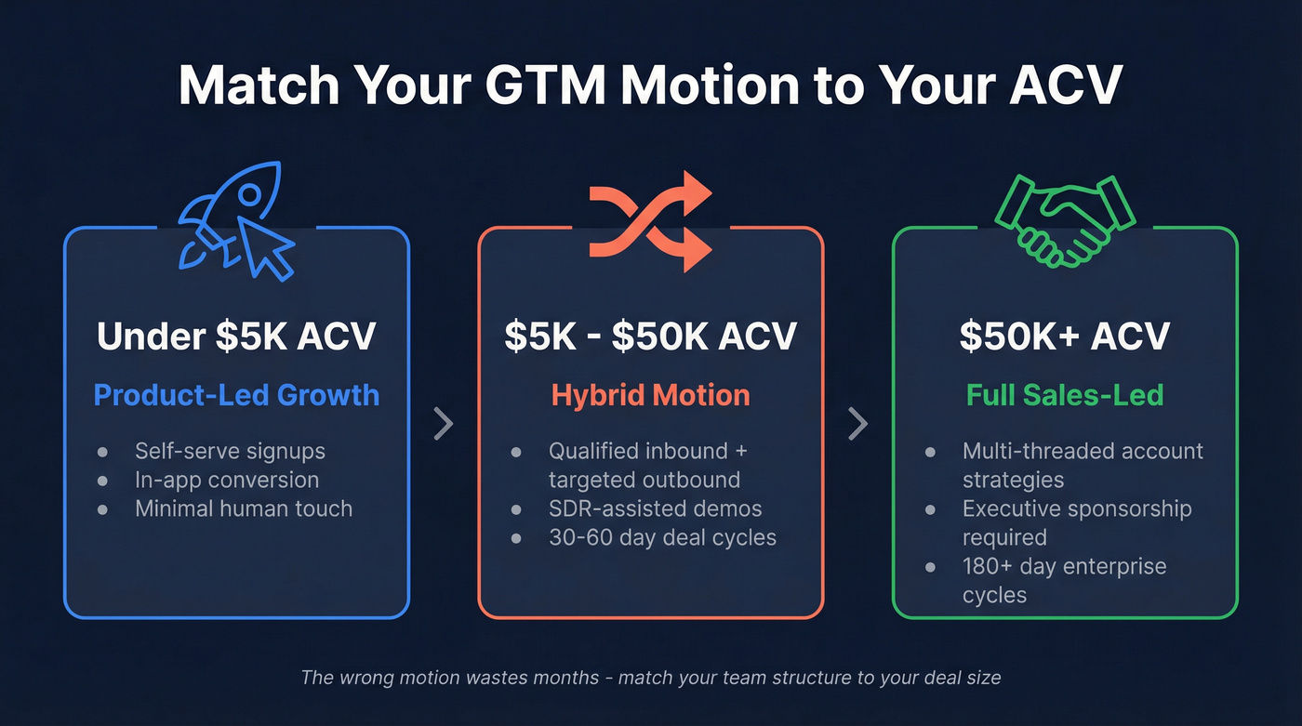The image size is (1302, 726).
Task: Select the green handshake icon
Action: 1066,219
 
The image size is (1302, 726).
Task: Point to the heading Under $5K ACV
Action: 236,337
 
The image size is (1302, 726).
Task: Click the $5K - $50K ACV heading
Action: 651,337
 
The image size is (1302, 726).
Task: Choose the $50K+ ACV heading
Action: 1065,337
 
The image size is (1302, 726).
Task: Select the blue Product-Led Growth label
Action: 236,395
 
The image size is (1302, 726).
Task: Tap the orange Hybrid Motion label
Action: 651,395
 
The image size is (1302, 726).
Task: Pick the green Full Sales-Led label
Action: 1065,395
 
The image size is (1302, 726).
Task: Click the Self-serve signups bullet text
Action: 230,452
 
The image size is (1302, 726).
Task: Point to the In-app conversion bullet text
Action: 227,481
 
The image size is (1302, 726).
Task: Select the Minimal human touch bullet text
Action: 244,509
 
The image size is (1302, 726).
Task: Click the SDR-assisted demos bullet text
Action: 655,509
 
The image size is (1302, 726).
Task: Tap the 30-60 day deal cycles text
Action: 662,538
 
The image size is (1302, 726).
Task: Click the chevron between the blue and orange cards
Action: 444,424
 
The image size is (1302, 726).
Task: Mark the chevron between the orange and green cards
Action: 857,424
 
